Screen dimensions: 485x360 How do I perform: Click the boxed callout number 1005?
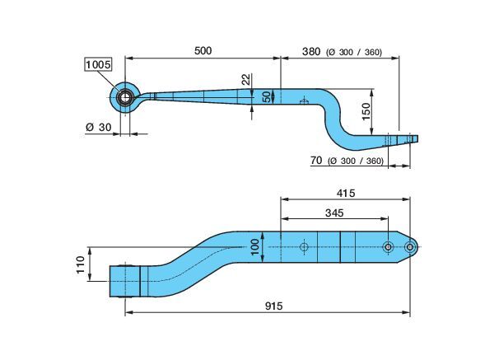[98, 65]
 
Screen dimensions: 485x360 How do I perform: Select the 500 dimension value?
[203, 51]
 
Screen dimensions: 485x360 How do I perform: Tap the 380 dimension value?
[311, 51]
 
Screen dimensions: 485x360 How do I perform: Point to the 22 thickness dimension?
[246, 79]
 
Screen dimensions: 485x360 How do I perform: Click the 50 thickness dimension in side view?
[266, 97]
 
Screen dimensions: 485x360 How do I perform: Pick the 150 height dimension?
[366, 112]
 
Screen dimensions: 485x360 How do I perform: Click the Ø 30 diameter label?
[98, 127]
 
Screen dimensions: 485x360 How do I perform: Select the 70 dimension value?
[316, 161]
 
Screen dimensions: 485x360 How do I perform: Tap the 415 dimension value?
[346, 194]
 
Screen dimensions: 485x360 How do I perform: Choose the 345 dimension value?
[334, 213]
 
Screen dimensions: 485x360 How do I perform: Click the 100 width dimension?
[255, 247]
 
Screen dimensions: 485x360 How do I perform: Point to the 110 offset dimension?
[81, 264]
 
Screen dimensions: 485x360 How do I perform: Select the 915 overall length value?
[273, 306]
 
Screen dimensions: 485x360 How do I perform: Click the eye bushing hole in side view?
[124, 98]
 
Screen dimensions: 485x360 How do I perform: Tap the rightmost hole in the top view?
[410, 247]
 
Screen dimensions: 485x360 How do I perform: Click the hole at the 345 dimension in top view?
[388, 247]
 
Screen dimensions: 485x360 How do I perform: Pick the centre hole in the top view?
[304, 247]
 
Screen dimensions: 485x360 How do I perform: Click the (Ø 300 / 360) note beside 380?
[354, 52]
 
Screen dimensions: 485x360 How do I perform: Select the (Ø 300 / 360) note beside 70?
[356, 161]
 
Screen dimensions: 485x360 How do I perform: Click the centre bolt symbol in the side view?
[304, 101]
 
